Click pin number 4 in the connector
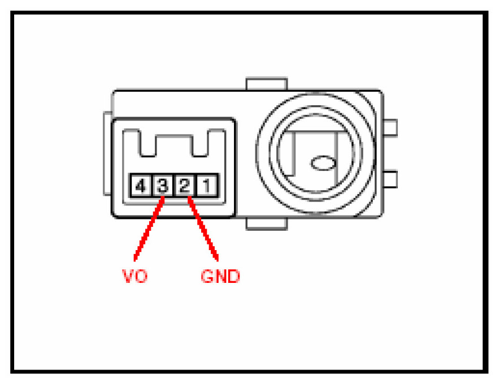tap(139, 185)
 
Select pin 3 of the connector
tap(162, 185)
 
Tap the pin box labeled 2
tap(184, 185)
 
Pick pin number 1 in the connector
tap(207, 185)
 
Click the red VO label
tap(135, 276)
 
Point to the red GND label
tap(220, 276)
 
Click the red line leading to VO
tap(149, 223)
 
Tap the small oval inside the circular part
tap(323, 164)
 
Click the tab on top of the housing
tap(266, 84)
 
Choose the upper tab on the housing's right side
tap(390, 127)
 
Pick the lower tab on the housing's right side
tap(390, 180)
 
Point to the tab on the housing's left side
tap(107, 153)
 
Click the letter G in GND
tap(207, 276)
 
